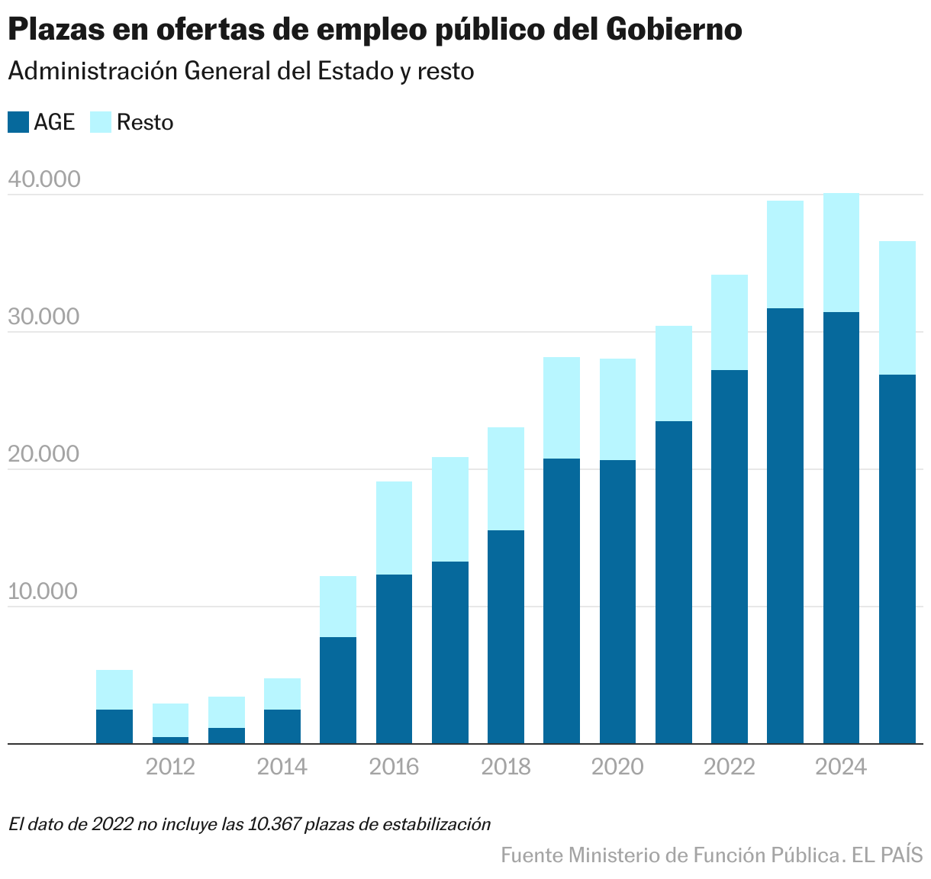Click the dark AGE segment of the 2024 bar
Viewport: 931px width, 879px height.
pos(841,526)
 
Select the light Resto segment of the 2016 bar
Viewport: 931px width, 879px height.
pos(394,528)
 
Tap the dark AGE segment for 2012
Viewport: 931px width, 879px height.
pos(170,739)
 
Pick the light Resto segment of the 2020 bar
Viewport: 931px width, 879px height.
pos(617,409)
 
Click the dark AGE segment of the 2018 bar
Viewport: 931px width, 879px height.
pos(506,636)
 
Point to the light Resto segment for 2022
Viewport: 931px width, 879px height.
pos(730,322)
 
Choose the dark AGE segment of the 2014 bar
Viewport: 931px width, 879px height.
pos(282,726)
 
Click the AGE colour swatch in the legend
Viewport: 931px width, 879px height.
pos(18,122)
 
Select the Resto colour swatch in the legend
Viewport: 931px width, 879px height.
pos(101,122)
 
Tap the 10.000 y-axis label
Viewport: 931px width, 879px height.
pos(44,591)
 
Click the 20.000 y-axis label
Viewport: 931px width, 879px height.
pos(44,454)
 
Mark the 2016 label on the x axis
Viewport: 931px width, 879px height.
pos(394,766)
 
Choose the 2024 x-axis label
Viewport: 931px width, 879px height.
pos(841,766)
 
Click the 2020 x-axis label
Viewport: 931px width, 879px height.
pos(617,766)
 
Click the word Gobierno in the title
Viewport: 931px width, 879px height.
pos(675,31)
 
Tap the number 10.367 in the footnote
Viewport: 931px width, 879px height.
pos(275,824)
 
